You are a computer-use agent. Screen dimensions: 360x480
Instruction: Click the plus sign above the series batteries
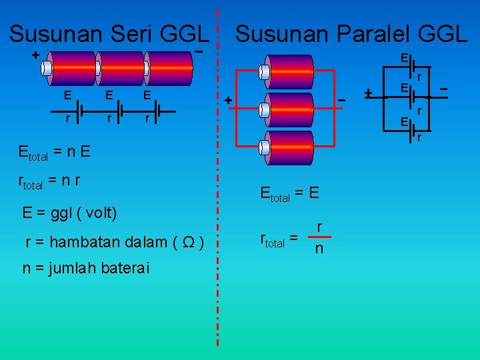[x=35, y=54]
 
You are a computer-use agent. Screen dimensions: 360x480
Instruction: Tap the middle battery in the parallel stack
[x=287, y=109]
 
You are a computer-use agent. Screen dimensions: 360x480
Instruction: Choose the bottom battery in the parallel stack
[x=287, y=147]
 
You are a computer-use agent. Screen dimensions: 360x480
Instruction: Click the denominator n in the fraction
[x=319, y=249]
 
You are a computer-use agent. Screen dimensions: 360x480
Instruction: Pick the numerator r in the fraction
[x=320, y=228]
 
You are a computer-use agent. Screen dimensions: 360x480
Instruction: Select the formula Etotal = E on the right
[x=291, y=195]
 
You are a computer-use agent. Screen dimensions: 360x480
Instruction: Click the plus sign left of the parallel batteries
[x=228, y=101]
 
